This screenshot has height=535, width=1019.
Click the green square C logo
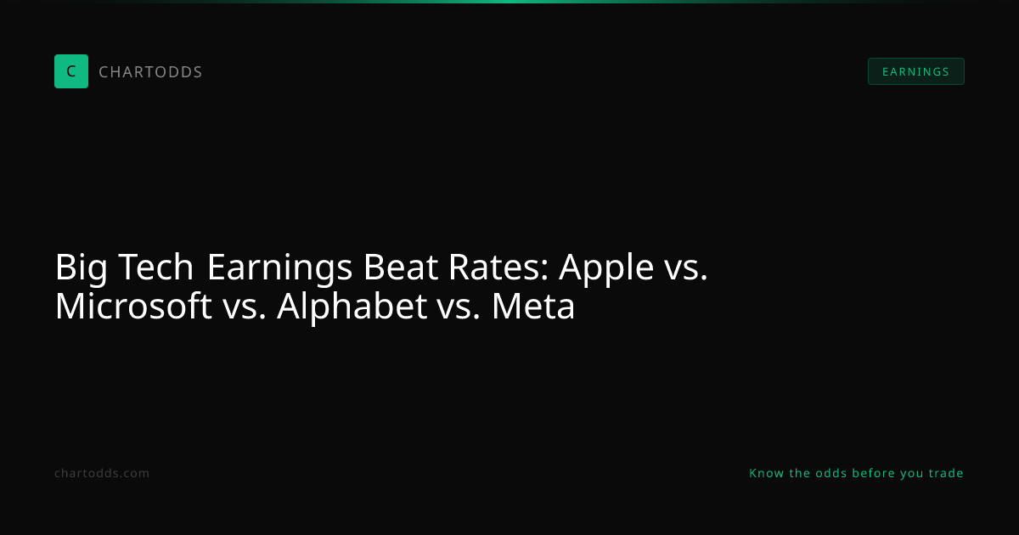[x=71, y=71]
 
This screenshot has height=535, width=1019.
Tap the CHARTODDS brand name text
[x=150, y=72]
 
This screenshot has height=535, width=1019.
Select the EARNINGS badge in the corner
[x=915, y=71]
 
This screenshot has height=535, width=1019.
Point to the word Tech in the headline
[x=156, y=267]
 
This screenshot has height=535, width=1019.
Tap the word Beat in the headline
[x=401, y=267]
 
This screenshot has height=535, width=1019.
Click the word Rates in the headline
[x=499, y=267]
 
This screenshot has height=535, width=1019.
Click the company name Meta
[x=533, y=307]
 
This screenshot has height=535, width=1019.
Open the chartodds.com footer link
[x=102, y=473]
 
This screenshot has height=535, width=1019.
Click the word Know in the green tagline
[x=767, y=473]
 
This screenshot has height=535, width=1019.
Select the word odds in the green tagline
[x=831, y=473]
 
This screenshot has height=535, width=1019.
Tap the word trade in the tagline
[x=946, y=473]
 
